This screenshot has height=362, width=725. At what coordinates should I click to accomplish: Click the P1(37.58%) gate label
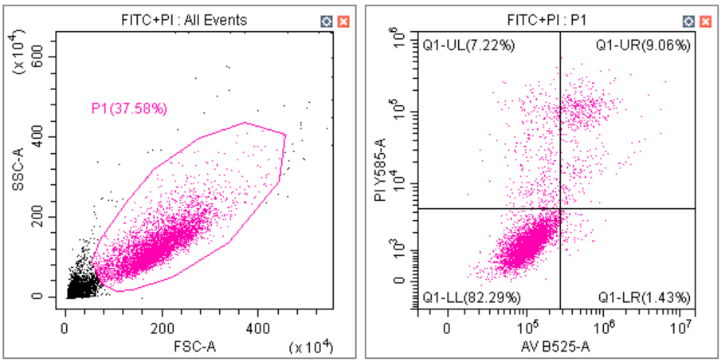point(129,108)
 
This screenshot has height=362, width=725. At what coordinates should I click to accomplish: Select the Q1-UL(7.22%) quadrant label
point(468,45)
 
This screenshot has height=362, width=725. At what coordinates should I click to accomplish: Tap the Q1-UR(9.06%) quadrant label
point(643,45)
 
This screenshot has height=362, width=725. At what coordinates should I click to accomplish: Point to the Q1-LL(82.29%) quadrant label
point(472,297)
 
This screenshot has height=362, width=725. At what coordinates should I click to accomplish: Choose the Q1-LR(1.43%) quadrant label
point(644,297)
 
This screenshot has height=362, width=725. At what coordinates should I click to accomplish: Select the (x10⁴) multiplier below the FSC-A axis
point(311,347)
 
